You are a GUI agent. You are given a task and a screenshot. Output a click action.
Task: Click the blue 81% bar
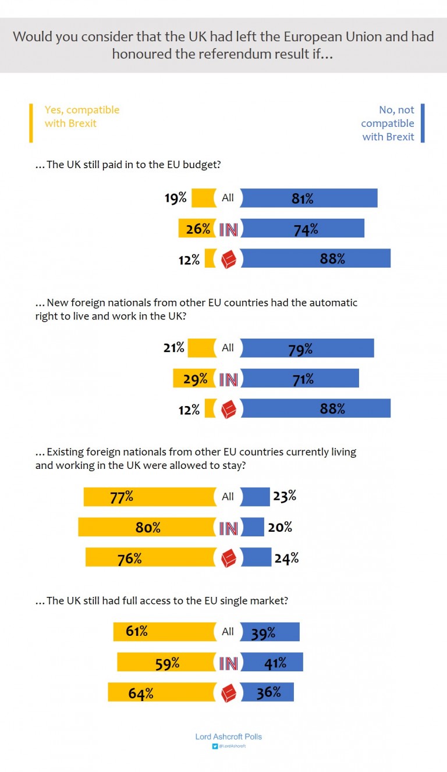[x=309, y=198]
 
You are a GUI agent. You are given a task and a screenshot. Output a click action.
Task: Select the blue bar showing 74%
[x=302, y=229]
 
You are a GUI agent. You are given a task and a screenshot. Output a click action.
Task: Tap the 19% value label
[x=175, y=198]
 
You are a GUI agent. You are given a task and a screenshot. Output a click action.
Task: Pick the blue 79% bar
[x=307, y=348]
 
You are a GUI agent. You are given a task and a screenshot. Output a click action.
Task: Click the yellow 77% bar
[x=150, y=497]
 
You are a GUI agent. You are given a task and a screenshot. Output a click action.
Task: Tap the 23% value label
[x=285, y=496]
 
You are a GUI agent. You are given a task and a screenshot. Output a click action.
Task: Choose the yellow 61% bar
[x=164, y=632]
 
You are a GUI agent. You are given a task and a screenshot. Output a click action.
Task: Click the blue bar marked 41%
[x=272, y=663]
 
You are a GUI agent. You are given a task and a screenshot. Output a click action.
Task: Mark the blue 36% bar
[x=267, y=692]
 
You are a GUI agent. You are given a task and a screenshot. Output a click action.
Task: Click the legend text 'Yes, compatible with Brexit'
[x=82, y=116]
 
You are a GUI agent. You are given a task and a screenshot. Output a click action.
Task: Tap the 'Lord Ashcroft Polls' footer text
[x=228, y=737]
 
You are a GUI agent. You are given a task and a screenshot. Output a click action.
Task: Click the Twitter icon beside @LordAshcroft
[x=214, y=746]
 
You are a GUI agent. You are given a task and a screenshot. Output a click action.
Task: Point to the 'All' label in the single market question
[x=228, y=632]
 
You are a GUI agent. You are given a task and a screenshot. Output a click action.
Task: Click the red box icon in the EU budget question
[x=228, y=259]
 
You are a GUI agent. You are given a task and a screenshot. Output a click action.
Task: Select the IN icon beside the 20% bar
[x=228, y=528]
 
